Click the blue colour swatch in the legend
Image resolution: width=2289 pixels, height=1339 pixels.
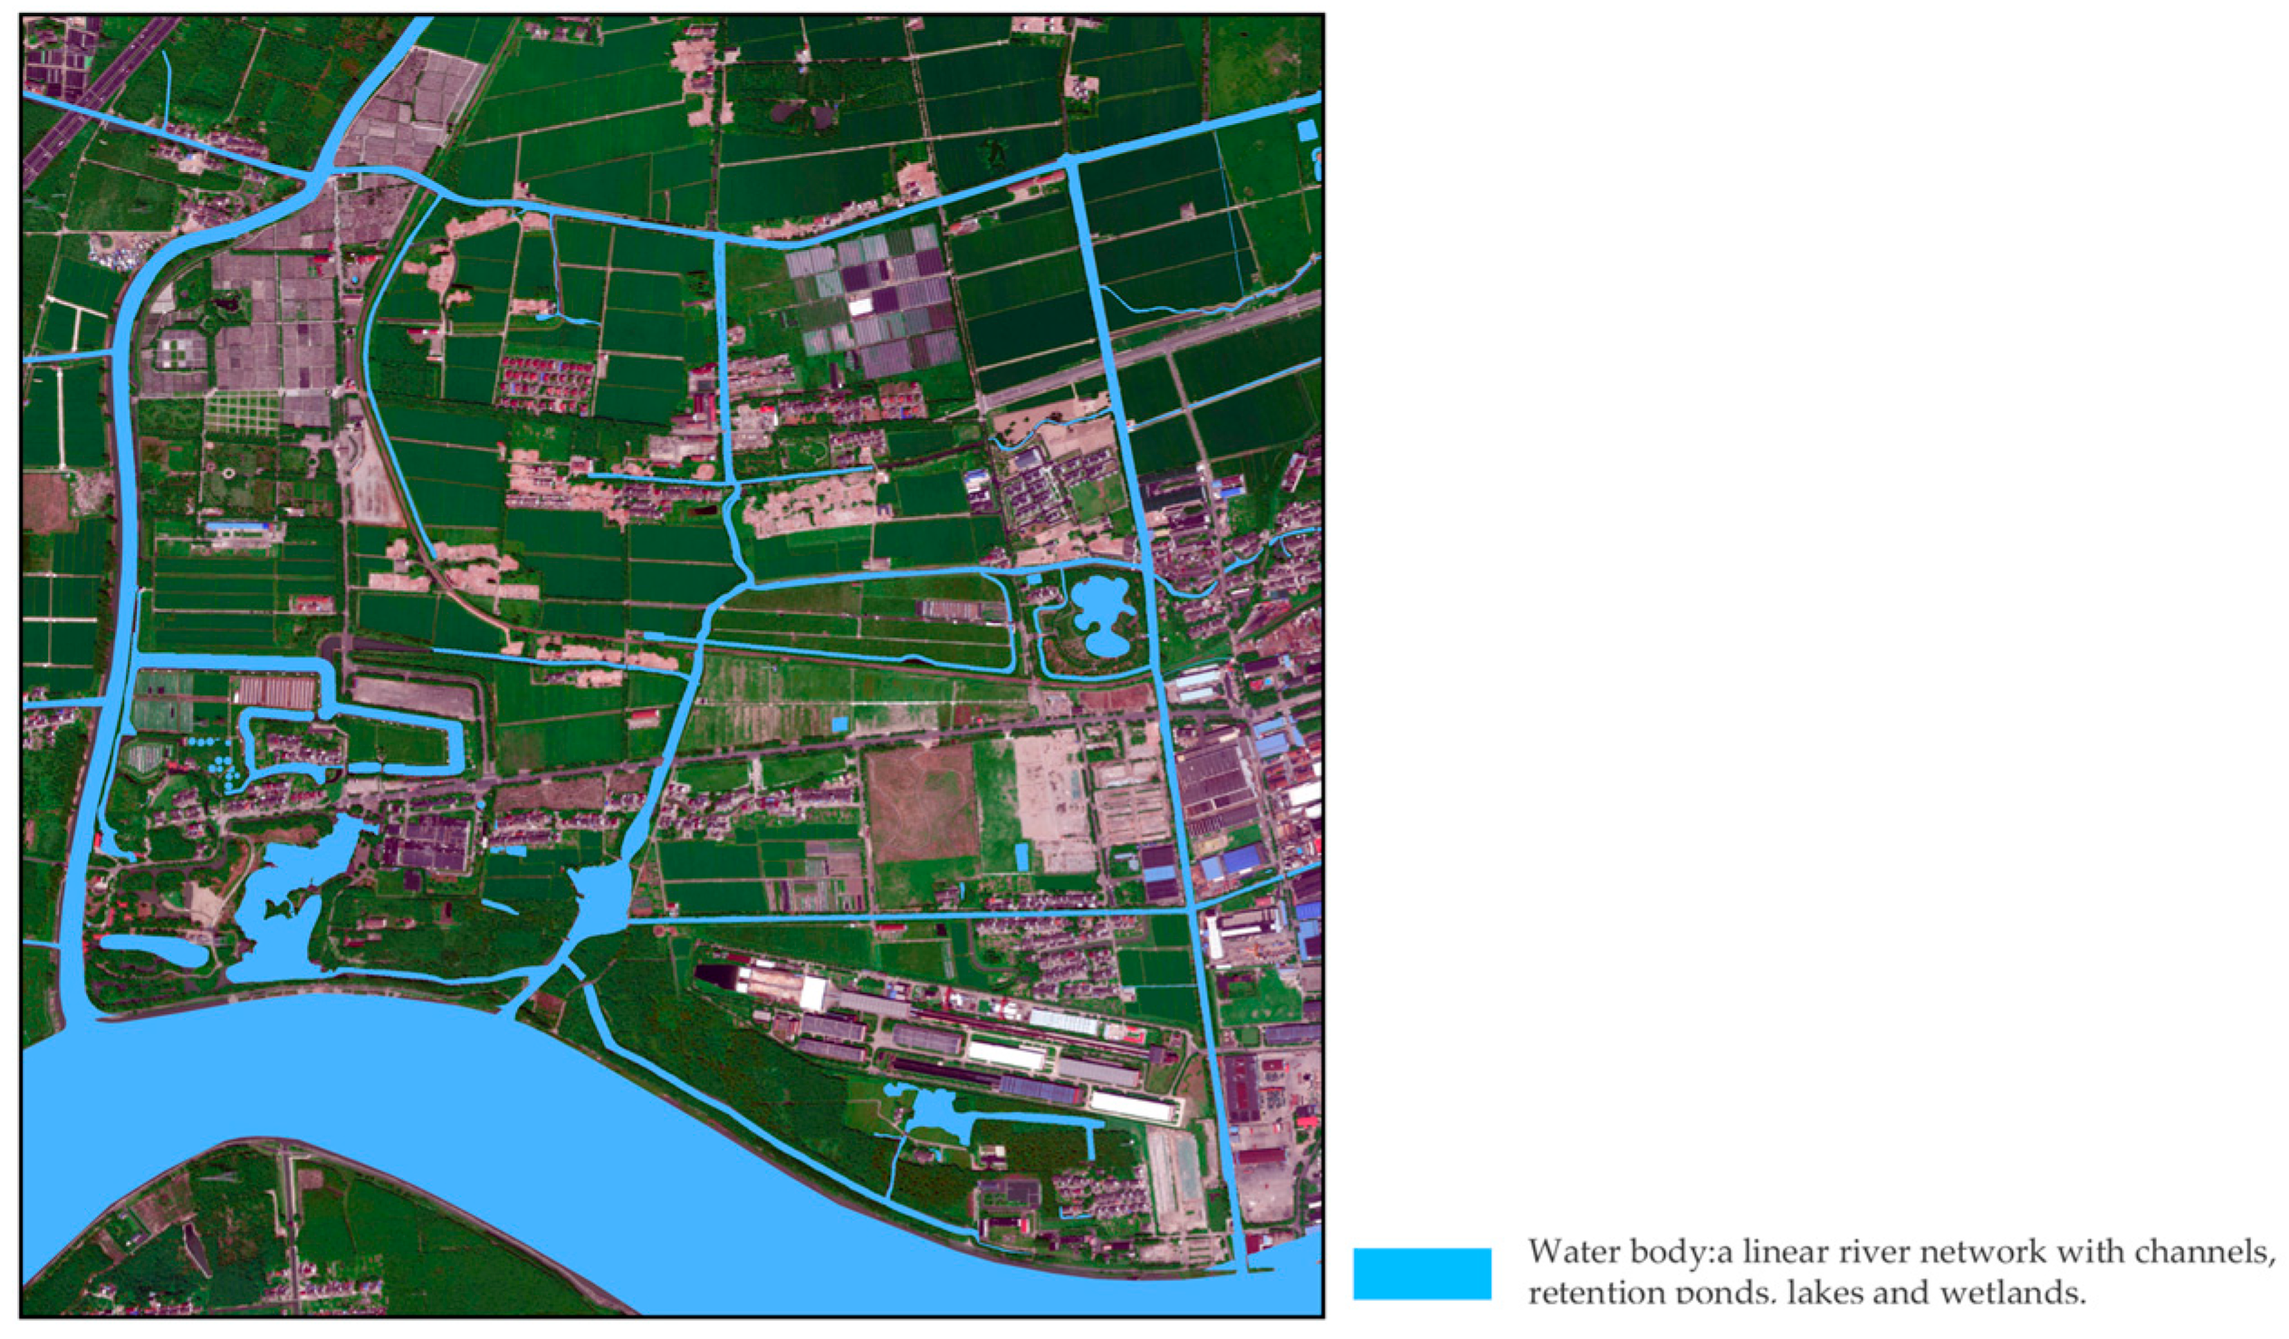[x=1422, y=1273]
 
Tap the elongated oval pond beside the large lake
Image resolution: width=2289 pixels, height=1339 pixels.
[x=153, y=951]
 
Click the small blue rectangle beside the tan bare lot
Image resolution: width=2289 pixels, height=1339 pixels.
[x=1022, y=856]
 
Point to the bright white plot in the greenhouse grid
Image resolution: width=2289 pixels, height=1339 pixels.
[x=859, y=306]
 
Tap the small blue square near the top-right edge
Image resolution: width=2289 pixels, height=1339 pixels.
[x=1307, y=129]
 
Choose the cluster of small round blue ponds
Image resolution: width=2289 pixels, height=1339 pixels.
[x=218, y=759]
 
